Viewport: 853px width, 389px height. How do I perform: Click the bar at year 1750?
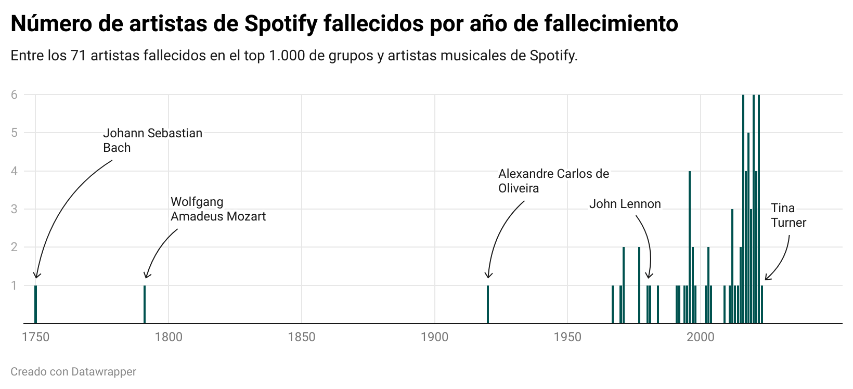point(35,304)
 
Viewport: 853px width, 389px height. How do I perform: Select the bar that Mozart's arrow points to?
point(145,304)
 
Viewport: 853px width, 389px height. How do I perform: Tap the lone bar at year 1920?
point(488,304)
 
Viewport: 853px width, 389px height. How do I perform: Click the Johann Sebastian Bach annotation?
point(152,140)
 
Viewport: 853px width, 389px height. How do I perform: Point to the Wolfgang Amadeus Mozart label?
point(218,209)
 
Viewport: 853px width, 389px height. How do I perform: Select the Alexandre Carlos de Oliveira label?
point(553,181)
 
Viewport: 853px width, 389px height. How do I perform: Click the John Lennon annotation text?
point(625,204)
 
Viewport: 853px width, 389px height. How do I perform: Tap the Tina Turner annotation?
point(788,215)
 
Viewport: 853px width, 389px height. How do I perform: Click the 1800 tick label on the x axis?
point(169,337)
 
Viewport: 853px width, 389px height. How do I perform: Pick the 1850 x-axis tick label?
point(302,337)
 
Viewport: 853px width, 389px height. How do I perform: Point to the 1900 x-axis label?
point(434,337)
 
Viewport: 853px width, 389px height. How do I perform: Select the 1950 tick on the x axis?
point(567,337)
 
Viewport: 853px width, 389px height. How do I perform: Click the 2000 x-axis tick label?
point(700,337)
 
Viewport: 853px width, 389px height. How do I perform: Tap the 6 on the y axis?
point(14,95)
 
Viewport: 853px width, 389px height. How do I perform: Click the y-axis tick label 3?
point(14,209)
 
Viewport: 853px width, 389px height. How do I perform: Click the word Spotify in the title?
point(281,23)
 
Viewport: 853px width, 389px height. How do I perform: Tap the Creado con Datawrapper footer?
point(73,372)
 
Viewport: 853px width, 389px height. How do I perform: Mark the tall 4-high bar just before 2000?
point(690,247)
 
